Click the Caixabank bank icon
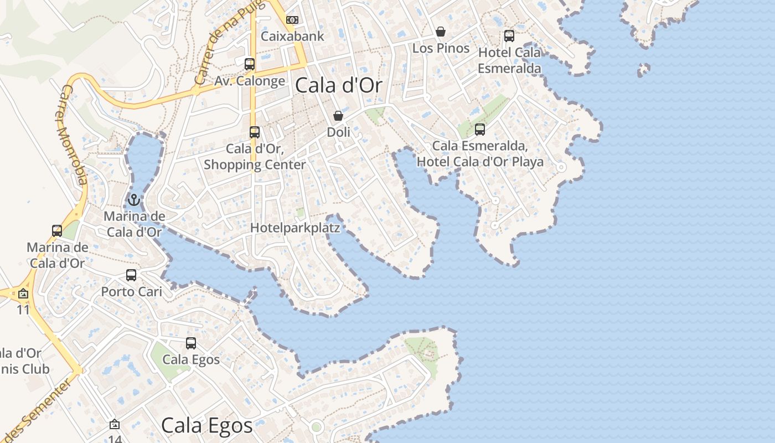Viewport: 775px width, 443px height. point(292,20)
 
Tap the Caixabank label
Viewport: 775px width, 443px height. point(292,37)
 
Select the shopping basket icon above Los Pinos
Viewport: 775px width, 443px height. point(441,32)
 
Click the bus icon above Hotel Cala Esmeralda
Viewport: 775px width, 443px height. point(509,36)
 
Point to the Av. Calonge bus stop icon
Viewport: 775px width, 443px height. point(250,64)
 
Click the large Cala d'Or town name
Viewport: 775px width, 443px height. point(339,86)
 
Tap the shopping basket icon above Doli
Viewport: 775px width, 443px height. point(338,116)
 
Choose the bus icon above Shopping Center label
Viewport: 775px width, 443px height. point(255,132)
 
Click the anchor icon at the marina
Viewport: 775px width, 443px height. point(133,199)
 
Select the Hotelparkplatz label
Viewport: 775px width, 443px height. point(295,228)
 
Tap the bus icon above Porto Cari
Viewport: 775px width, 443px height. point(131,275)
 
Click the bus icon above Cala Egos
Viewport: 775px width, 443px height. point(191,343)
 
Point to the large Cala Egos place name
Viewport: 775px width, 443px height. point(207,425)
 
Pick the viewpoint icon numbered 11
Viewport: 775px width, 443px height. point(23,293)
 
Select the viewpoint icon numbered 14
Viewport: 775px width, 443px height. point(115,424)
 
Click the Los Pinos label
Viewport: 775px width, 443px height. point(441,48)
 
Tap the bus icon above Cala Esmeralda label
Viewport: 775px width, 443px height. point(480,130)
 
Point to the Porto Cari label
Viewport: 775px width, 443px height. point(131,291)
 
